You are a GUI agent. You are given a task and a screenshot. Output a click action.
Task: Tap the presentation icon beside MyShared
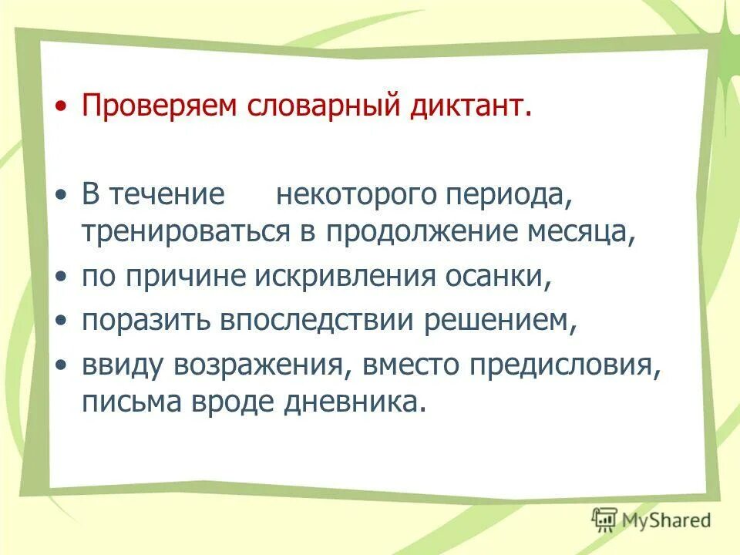[x=606, y=519]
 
